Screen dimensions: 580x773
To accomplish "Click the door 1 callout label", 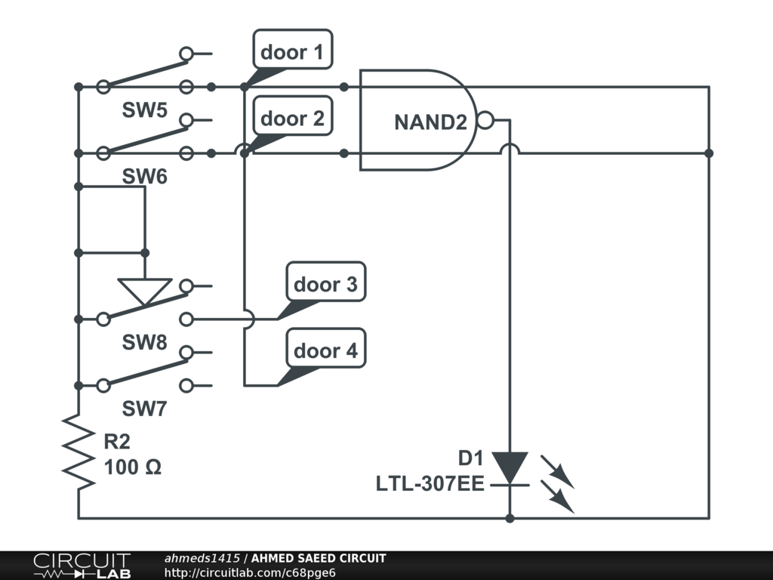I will pyautogui.click(x=292, y=52).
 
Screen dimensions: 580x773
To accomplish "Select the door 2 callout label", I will pyautogui.click(x=292, y=119).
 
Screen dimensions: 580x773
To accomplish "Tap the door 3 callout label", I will pyautogui.click(x=325, y=285).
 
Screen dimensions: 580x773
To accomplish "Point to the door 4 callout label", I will pyautogui.click(x=325, y=351).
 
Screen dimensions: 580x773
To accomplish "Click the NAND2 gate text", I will pyautogui.click(x=430, y=122).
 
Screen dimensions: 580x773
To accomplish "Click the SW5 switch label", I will pyautogui.click(x=145, y=110).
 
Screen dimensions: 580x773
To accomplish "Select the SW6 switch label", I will pyautogui.click(x=145, y=177).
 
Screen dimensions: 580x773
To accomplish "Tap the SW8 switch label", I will pyautogui.click(x=145, y=343).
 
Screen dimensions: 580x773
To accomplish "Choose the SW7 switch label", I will pyautogui.click(x=145, y=409).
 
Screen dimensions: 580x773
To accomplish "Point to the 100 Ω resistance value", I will pyautogui.click(x=133, y=467).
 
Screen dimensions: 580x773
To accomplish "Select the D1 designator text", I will pyautogui.click(x=470, y=458).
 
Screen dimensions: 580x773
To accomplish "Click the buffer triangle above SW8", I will pyautogui.click(x=145, y=291).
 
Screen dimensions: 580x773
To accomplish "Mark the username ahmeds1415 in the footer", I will pyautogui.click(x=202, y=558).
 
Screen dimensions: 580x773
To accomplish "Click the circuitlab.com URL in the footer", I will pyautogui.click(x=249, y=572).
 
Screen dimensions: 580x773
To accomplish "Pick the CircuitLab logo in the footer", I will pyautogui.click(x=82, y=566).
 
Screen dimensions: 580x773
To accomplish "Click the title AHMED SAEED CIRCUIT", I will pyautogui.click(x=319, y=558).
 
